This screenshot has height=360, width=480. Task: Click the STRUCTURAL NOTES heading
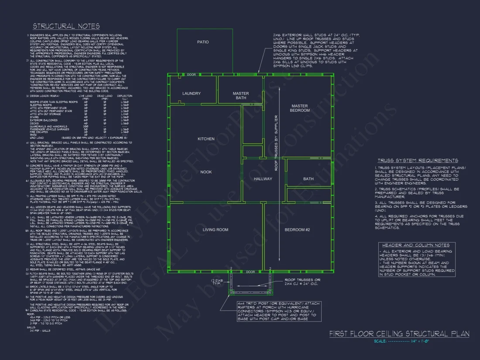(x=66, y=26)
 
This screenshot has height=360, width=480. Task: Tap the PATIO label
(x=203, y=42)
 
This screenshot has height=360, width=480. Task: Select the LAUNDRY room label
(x=192, y=93)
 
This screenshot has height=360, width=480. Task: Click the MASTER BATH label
(x=240, y=96)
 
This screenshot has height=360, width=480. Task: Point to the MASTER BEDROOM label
(x=299, y=108)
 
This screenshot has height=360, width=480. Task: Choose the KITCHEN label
(x=206, y=139)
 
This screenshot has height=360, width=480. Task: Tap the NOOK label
(x=206, y=172)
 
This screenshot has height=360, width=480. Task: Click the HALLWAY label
(x=263, y=179)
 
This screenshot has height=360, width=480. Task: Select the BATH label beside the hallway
(x=309, y=179)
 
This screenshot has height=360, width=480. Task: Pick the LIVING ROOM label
(x=216, y=230)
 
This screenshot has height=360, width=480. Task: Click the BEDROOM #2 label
(x=297, y=230)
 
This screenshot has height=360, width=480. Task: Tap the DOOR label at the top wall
(x=191, y=75)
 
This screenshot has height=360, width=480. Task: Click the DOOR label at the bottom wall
(x=250, y=272)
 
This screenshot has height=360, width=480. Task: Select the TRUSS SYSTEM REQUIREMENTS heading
(x=418, y=161)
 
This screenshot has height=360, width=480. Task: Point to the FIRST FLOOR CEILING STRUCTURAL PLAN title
(x=399, y=334)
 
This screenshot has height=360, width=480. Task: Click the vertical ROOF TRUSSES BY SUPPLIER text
(x=276, y=143)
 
